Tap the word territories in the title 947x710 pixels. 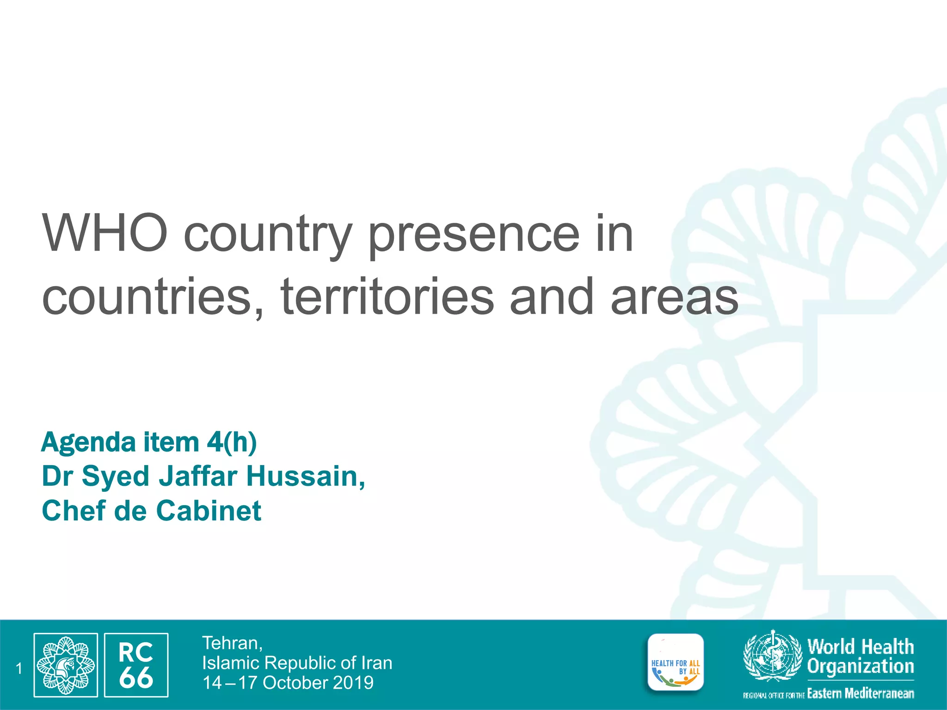pos(387,296)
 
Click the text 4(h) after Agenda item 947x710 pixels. pos(232,442)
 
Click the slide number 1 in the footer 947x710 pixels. pos(19,668)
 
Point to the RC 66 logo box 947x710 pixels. pos(136,665)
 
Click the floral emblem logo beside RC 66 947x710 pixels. pos(66,665)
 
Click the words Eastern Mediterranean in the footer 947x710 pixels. pos(861,693)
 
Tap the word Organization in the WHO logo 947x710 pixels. pos(861,667)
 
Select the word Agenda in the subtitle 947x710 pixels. pos(88,442)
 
